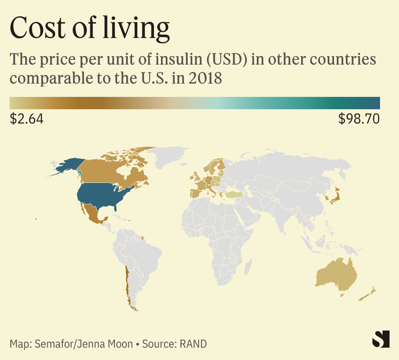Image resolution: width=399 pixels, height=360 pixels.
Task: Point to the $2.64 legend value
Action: pos(26,119)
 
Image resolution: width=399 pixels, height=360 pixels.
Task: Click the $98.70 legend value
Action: pos(359,119)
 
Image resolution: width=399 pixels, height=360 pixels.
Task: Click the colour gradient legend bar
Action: pos(194,103)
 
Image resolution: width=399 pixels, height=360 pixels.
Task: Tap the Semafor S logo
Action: pos(381,339)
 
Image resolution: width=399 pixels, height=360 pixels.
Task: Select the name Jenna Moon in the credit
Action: pos(102,344)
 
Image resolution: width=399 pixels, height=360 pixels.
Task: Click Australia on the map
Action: pos(336,273)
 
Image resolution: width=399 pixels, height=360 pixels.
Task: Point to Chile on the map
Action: pos(127,286)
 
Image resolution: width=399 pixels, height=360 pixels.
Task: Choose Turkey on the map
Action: pos(235,194)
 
